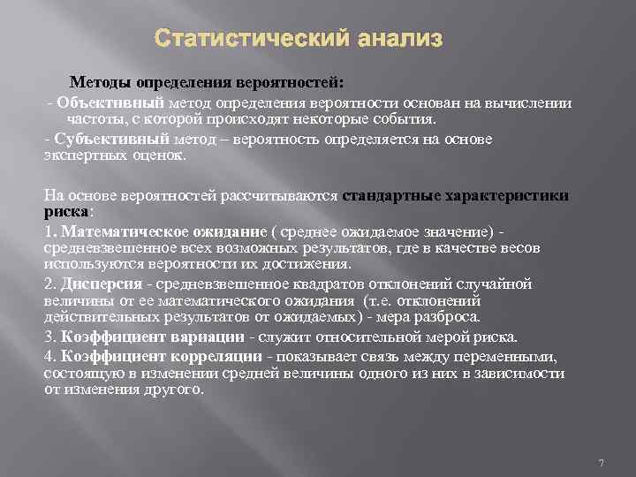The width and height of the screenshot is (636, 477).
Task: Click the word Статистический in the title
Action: [x=245, y=39]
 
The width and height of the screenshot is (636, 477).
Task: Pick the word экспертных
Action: [x=77, y=155]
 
